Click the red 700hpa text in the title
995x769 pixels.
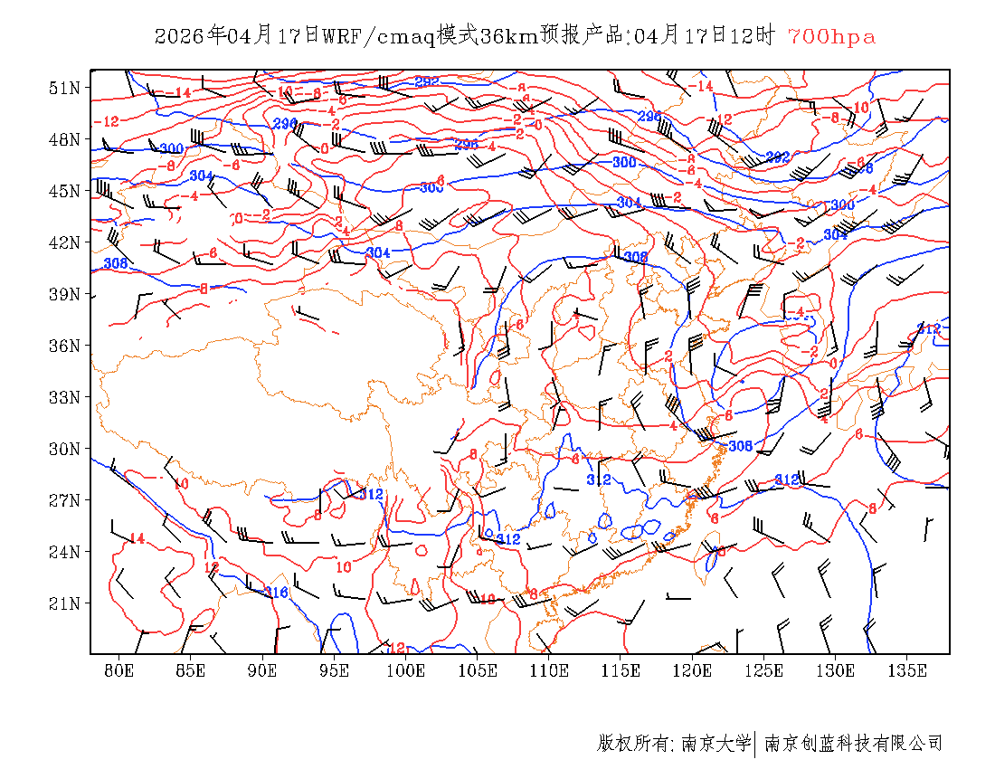coord(831,36)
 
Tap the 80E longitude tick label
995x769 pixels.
coord(118,670)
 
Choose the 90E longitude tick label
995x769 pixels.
coord(262,670)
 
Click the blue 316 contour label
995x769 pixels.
coord(276,593)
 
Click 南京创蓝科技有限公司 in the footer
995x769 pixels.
coord(853,744)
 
